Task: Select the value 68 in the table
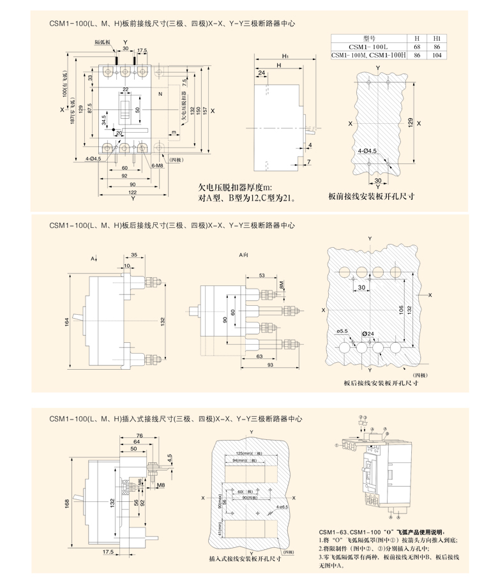(x=417, y=47)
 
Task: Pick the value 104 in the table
(x=437, y=56)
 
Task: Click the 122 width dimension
(x=133, y=192)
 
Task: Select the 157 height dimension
(x=204, y=109)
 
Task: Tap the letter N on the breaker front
(x=160, y=94)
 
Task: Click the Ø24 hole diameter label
(x=368, y=333)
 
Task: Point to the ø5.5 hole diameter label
(x=342, y=331)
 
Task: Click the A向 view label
(x=244, y=255)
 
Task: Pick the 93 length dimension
(x=270, y=365)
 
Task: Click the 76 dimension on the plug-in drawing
(x=139, y=435)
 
